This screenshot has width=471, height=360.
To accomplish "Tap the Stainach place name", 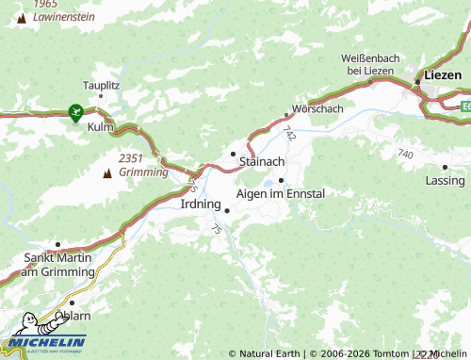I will pyautogui.click(x=262, y=162).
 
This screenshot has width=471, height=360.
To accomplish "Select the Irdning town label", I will pyautogui.click(x=200, y=203).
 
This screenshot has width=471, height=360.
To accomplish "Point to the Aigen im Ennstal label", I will pyautogui.click(x=280, y=193).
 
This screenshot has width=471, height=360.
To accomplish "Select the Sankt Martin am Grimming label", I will pyautogui.click(x=58, y=264).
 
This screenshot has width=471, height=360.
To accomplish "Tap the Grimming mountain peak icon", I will pyautogui.click(x=106, y=173).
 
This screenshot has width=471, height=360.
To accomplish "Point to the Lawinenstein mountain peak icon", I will pyautogui.click(x=21, y=18).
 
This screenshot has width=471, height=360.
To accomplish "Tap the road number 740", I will pyautogui.click(x=405, y=153).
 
